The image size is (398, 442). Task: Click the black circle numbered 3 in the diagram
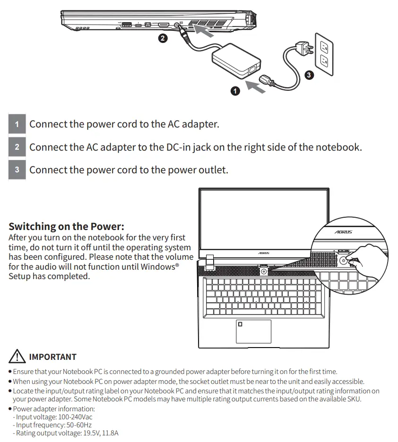pyautogui.click(x=309, y=75)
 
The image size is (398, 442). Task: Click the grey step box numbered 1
pyautogui.click(x=17, y=125)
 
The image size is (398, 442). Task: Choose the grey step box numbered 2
pyautogui.click(x=17, y=147)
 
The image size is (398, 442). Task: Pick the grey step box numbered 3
pyautogui.click(x=17, y=170)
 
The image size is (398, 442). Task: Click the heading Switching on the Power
pyautogui.click(x=66, y=226)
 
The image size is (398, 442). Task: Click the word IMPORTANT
pyautogui.click(x=52, y=357)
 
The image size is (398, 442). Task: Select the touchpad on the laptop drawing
pyautogui.click(x=253, y=331)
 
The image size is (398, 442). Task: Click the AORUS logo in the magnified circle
pyautogui.click(x=343, y=232)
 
